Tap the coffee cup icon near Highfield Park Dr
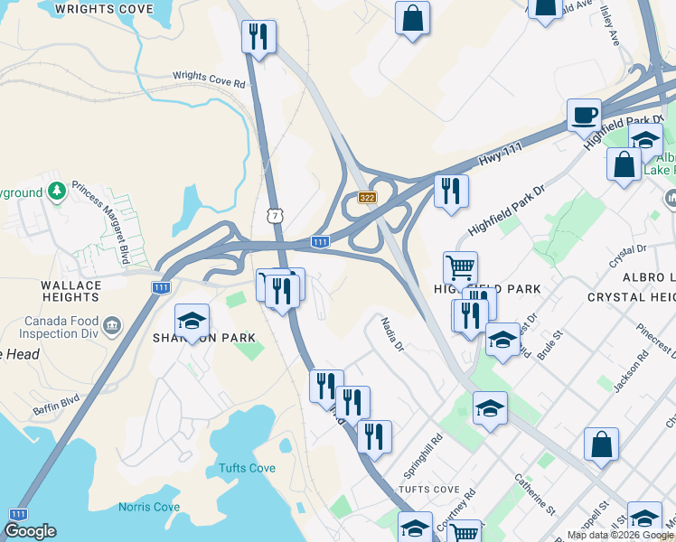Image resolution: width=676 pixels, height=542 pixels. [x=584, y=115]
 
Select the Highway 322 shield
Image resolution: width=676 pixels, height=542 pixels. [x=366, y=197]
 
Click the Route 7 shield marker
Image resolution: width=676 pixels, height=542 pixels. [x=274, y=215]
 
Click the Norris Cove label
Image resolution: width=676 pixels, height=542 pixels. [x=148, y=507]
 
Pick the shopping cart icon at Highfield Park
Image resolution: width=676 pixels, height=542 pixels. [x=460, y=267]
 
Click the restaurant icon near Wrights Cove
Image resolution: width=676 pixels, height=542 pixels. [x=258, y=36]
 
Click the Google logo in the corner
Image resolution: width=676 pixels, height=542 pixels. [x=30, y=531]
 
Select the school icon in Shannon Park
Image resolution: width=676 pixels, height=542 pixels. [x=192, y=320]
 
